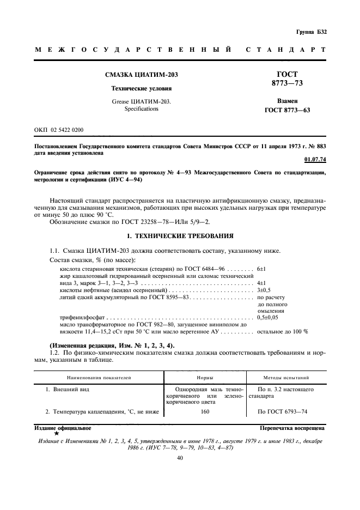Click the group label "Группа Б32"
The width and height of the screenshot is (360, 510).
pyautogui.click(x=310, y=32)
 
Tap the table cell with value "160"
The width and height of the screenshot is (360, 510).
pyautogui.click(x=205, y=411)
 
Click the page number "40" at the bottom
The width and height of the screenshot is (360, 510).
pyautogui.click(x=180, y=458)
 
